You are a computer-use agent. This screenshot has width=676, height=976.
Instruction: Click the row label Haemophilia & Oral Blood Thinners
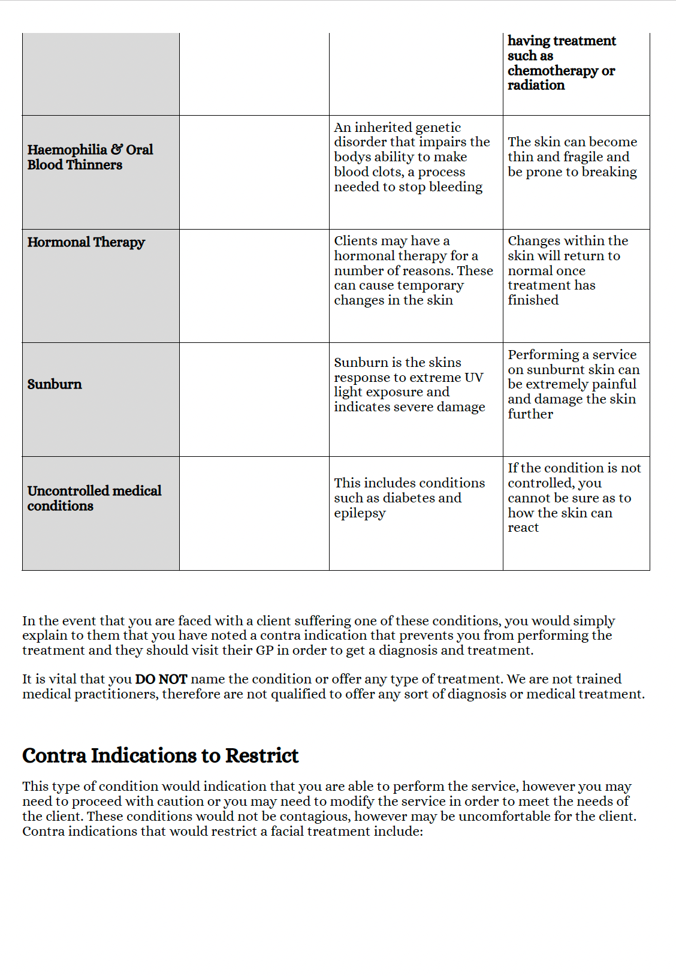coord(90,157)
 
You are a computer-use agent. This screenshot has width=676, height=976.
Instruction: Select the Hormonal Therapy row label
coord(86,242)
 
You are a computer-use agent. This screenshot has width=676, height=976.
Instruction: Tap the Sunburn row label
coord(55,384)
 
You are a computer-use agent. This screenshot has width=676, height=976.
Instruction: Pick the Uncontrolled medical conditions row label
coord(94,498)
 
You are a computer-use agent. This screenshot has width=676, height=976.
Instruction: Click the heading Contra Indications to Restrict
coord(160,755)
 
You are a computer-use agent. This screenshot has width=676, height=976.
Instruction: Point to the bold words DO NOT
coord(161,679)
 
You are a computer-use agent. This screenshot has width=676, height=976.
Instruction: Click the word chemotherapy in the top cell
coord(553,71)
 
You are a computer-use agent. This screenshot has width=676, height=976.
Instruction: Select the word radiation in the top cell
coord(536,85)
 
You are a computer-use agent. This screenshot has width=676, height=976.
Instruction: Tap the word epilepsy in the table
coord(360,514)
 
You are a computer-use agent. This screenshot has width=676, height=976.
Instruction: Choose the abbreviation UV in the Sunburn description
coord(473,378)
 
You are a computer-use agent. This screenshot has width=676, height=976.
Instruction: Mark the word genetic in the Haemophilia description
coord(437,128)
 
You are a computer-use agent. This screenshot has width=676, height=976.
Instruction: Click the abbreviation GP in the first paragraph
coord(264,650)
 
